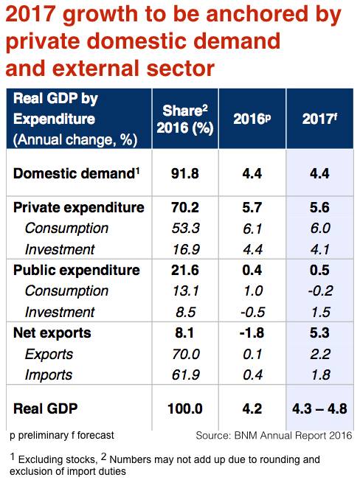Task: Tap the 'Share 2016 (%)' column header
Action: [x=185, y=119]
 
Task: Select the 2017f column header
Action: [x=319, y=119]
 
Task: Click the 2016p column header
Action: [x=252, y=119]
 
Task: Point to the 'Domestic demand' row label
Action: [x=77, y=173]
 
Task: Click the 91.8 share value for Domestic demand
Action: [x=185, y=173]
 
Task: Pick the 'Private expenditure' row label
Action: [x=79, y=207]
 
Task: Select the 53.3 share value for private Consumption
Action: [x=186, y=229]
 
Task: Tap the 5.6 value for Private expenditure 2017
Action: [x=320, y=207]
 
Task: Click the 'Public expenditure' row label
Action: [x=77, y=271]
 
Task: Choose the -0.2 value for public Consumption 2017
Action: [x=320, y=291]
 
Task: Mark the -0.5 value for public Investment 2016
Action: [x=253, y=312]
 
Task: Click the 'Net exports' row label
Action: [x=52, y=333]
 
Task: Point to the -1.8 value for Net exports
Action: [x=252, y=333]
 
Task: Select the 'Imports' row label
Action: [x=49, y=375]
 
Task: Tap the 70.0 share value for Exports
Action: [x=186, y=354]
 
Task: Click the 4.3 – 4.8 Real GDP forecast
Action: [x=319, y=408]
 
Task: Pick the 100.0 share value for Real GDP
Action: [x=185, y=408]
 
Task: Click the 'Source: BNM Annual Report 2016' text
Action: [x=274, y=435]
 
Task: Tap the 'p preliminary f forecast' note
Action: [x=62, y=435]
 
